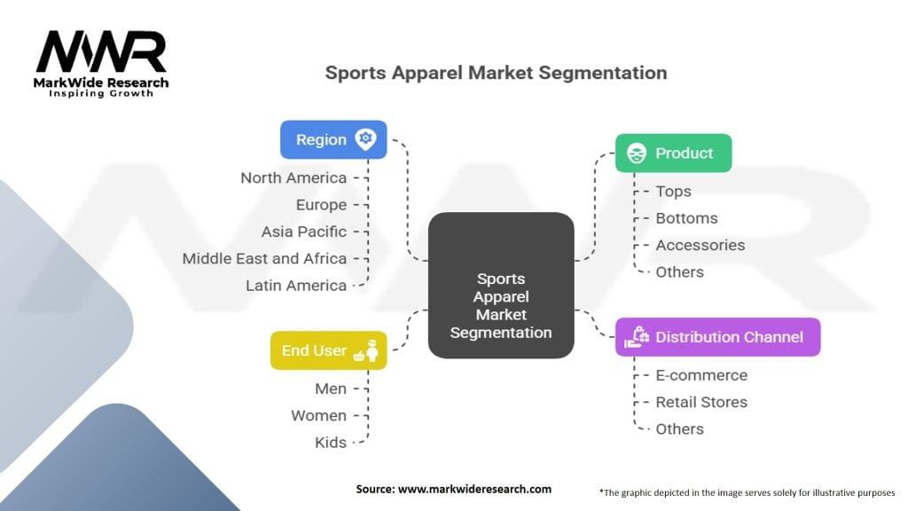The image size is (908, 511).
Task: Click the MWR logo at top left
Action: click(101, 55)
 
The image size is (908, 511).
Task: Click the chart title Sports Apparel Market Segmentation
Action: click(496, 73)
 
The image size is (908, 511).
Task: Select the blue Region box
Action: click(333, 139)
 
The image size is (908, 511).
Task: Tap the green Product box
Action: click(673, 153)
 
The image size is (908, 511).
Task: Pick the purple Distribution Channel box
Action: click(717, 337)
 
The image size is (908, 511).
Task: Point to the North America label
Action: click(294, 178)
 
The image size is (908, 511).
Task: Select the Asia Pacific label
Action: click(304, 232)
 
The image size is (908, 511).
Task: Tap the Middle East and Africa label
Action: click(264, 258)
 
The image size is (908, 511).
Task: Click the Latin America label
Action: click(296, 285)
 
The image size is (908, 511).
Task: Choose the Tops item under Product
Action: click(673, 191)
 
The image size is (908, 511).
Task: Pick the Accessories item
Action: click(700, 245)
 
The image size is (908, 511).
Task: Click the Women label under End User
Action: click(318, 415)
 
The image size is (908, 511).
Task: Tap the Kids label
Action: click(331, 442)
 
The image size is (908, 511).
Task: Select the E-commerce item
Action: click(701, 375)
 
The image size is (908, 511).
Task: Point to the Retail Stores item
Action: click(701, 402)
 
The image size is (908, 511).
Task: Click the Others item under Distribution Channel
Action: click(679, 428)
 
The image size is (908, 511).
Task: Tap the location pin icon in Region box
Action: click(364, 139)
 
